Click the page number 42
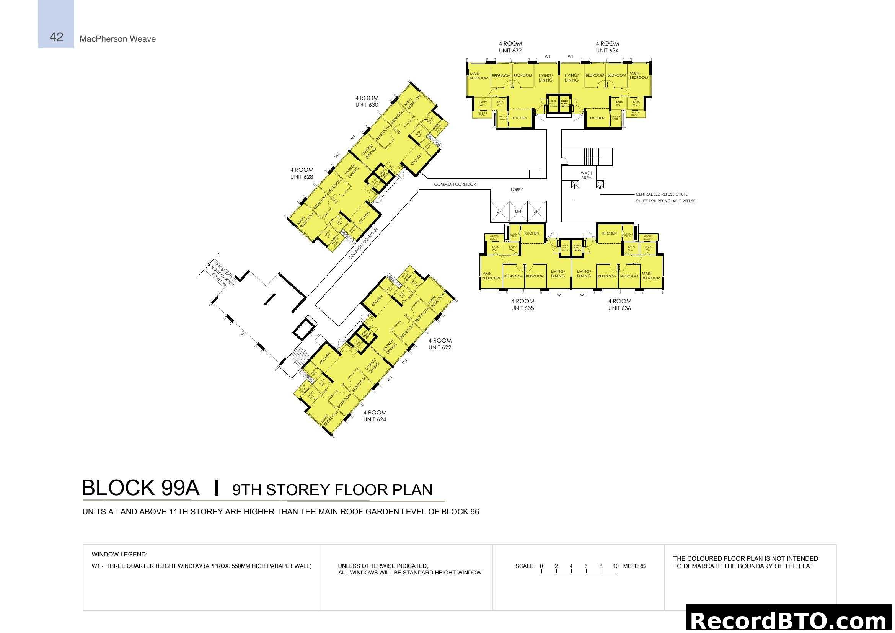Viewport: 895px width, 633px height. (x=56, y=37)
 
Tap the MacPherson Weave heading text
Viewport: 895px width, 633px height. (x=117, y=39)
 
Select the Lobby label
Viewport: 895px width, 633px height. (x=517, y=190)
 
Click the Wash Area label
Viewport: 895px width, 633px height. (x=586, y=175)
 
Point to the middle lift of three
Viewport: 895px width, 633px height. (x=518, y=212)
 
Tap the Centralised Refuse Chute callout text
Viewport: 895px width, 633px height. (x=661, y=194)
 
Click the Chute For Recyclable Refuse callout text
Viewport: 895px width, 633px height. (x=665, y=201)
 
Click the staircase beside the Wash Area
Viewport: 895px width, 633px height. (x=592, y=157)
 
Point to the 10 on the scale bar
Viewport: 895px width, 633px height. (x=616, y=566)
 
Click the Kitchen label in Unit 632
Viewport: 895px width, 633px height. (x=519, y=118)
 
